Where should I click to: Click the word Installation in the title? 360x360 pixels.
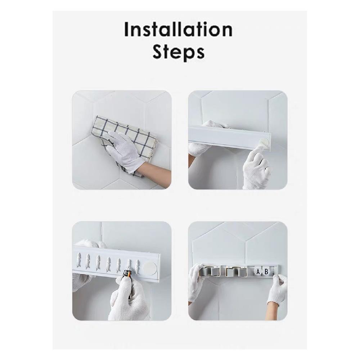179,30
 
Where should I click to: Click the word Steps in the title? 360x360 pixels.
179,52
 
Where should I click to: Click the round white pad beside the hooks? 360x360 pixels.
150,268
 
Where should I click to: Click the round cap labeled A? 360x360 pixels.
258,272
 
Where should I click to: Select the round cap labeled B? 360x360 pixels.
266,272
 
